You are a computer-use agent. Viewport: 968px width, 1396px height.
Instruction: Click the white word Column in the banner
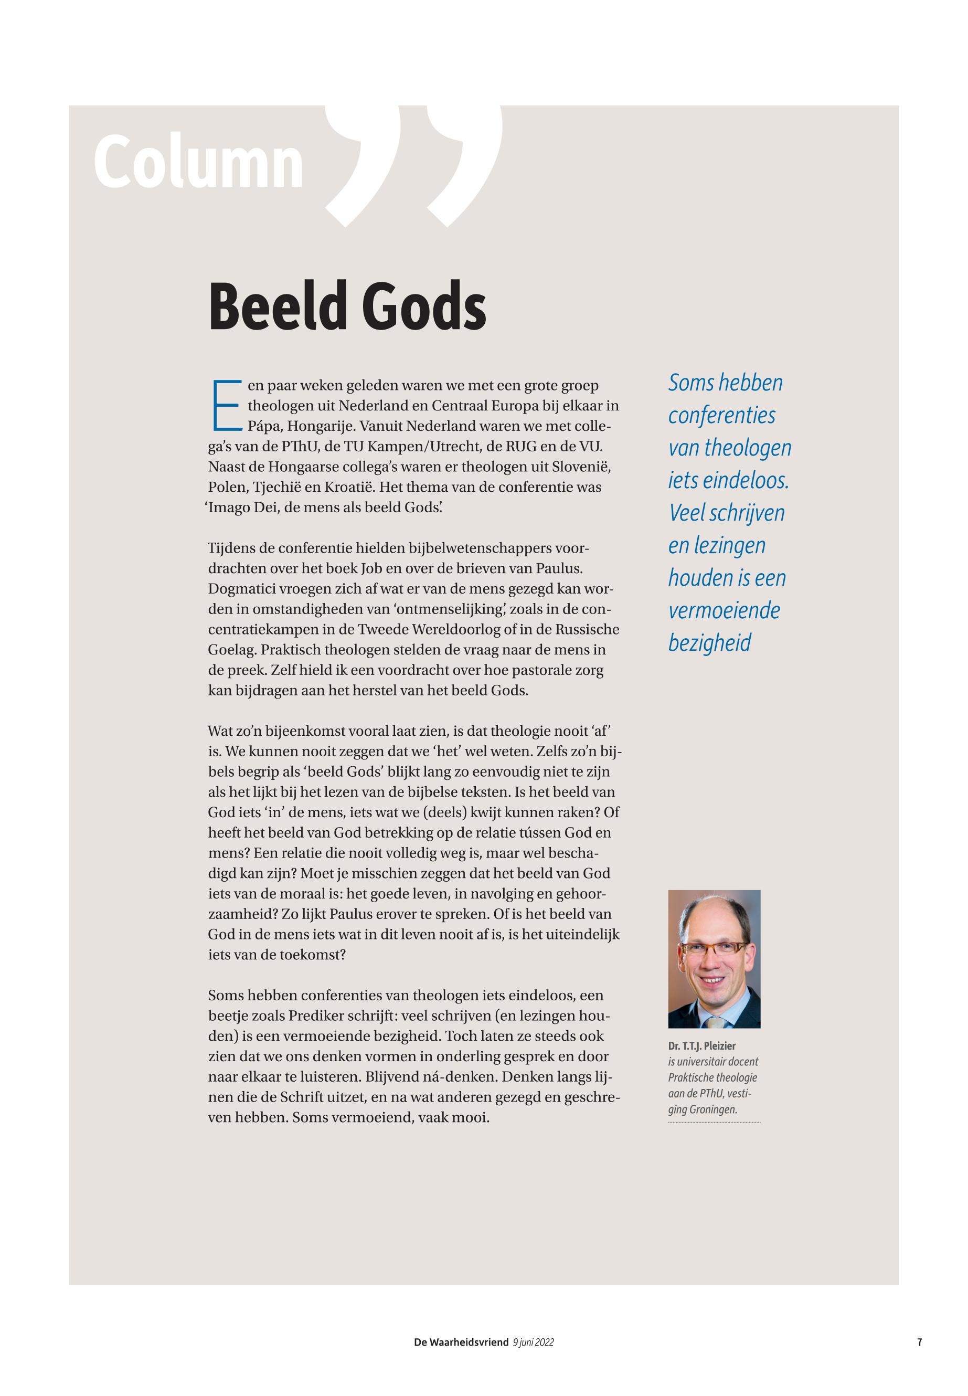[x=198, y=162]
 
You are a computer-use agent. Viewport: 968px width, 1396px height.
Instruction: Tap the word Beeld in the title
[x=276, y=307]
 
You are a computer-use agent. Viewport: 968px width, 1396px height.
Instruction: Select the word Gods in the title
[x=427, y=307]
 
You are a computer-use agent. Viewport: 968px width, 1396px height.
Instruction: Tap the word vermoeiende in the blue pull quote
[x=724, y=610]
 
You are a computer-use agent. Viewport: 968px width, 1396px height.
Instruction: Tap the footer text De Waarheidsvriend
[x=461, y=1342]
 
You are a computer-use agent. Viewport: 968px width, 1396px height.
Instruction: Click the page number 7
[x=920, y=1342]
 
